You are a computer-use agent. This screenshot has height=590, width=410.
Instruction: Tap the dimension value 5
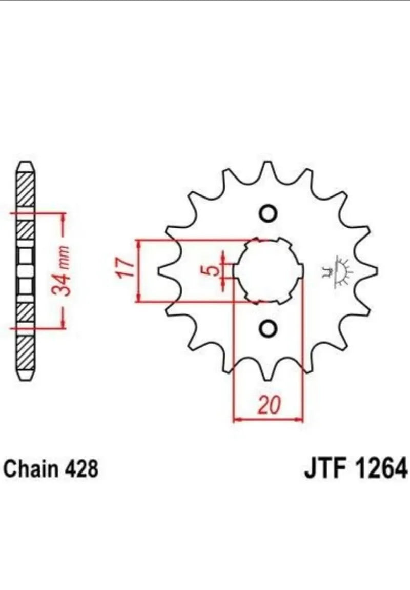click(x=213, y=270)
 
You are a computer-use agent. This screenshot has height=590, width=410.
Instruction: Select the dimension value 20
click(x=270, y=405)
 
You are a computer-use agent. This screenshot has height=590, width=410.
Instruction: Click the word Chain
click(x=31, y=469)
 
